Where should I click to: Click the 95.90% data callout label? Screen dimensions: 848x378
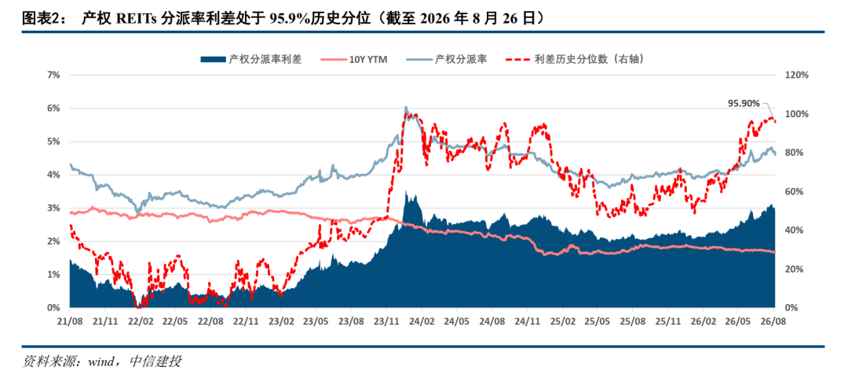(x=744, y=103)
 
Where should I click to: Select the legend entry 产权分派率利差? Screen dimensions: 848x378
(x=251, y=60)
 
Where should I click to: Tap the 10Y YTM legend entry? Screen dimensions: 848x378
(x=356, y=60)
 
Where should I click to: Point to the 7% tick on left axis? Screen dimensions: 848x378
(x=53, y=75)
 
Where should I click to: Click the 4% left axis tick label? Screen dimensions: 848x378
(x=53, y=175)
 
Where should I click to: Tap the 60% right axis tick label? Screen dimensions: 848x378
(x=794, y=192)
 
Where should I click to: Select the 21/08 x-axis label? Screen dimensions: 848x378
(x=70, y=321)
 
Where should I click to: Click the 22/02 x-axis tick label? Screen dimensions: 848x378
(x=140, y=321)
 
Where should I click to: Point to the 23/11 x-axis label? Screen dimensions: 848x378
(x=386, y=321)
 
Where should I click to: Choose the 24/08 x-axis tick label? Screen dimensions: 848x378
(x=492, y=321)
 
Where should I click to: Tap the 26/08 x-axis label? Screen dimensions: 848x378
(x=773, y=321)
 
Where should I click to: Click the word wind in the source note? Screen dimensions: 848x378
(x=102, y=361)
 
